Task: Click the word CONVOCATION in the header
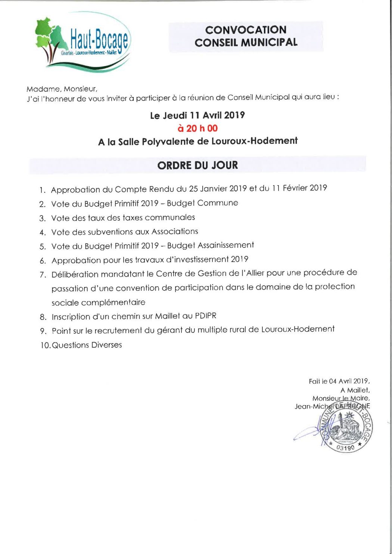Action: [x=246, y=30]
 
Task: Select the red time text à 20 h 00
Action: [x=197, y=128]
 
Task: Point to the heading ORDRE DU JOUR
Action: [x=197, y=165]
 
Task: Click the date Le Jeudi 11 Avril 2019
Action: [x=197, y=115]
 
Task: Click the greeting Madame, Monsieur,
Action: [x=62, y=89]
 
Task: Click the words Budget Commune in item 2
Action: [x=202, y=203]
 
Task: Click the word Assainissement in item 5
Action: [x=226, y=245]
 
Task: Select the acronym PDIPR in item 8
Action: [x=205, y=316]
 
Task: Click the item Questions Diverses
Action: [x=87, y=345]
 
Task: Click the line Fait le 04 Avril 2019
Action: [x=339, y=381]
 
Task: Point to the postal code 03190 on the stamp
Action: [x=345, y=447]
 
